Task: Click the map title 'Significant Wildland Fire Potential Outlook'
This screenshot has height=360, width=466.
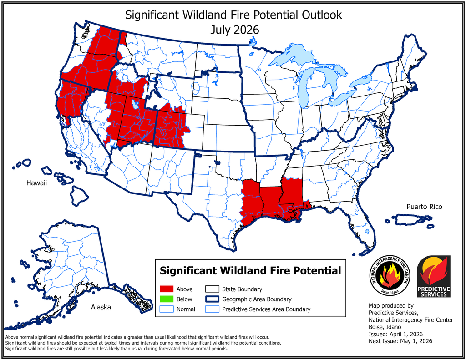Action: click(233, 15)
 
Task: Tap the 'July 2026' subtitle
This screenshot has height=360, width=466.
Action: click(234, 30)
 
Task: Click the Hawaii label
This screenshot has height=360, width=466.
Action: click(36, 183)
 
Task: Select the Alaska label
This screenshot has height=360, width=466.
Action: click(101, 307)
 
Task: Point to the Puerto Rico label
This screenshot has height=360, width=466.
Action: click(424, 207)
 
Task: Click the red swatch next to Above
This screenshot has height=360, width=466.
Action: click(167, 289)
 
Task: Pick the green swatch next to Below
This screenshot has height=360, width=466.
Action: click(167, 299)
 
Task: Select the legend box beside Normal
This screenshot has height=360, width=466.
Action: click(167, 309)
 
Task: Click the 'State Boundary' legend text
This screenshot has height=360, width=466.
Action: click(242, 289)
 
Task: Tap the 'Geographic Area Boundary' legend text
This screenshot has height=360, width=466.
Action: click(257, 299)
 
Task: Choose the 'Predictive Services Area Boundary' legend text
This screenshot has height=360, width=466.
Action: click(266, 309)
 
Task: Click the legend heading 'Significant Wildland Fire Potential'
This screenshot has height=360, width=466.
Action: click(250, 271)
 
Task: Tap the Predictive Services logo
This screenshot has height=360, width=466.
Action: click(434, 276)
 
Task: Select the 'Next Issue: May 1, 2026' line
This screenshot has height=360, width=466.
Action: click(400, 341)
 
